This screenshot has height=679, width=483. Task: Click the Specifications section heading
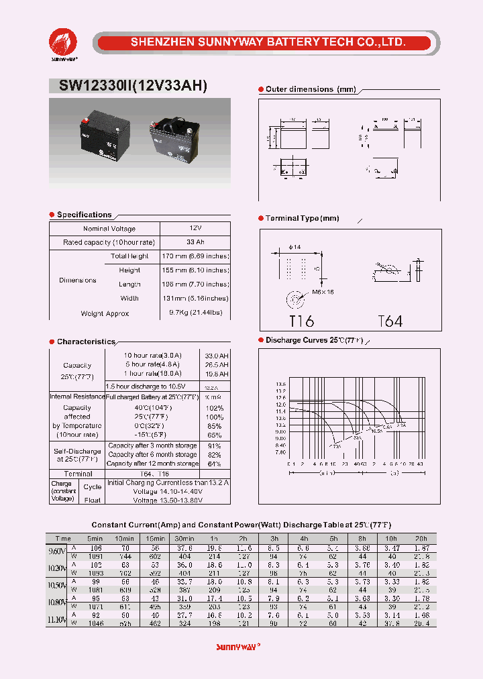[84, 215]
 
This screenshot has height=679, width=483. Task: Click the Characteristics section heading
[86, 342]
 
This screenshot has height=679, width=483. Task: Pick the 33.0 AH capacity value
[215, 355]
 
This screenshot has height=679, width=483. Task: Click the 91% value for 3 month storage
[215, 446]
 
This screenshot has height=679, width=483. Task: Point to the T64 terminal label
[390, 321]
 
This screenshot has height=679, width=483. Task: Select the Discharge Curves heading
[313, 340]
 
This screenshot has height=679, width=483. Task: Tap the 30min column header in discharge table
[184, 538]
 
